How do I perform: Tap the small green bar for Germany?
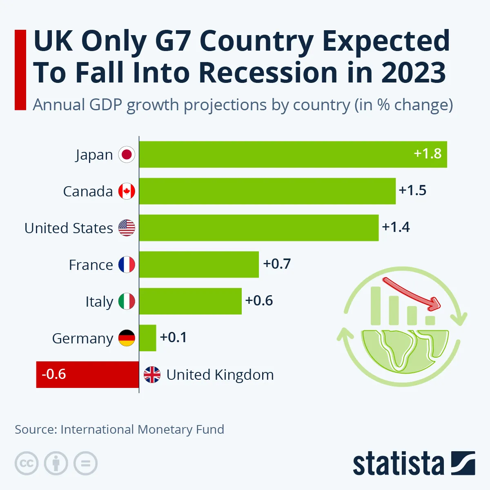pyautogui.click(x=147, y=338)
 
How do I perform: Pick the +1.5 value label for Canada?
pyautogui.click(x=412, y=190)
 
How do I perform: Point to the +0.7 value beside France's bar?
pyautogui.click(x=277, y=264)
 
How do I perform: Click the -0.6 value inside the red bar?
pyautogui.click(x=54, y=374)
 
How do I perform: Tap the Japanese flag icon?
pyautogui.click(x=127, y=154)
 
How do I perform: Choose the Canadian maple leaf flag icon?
pyautogui.click(x=127, y=191)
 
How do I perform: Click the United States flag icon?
pyautogui.click(x=127, y=228)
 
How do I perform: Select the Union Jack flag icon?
pyautogui.click(x=152, y=374)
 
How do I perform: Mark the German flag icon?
pyautogui.click(x=127, y=338)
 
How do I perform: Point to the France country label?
pyautogui.click(x=91, y=265)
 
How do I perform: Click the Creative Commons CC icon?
pyautogui.click(x=27, y=463)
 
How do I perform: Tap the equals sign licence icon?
pyautogui.click(x=86, y=463)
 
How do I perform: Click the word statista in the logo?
pyautogui.click(x=398, y=464)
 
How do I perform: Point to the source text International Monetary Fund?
pyautogui.click(x=142, y=430)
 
